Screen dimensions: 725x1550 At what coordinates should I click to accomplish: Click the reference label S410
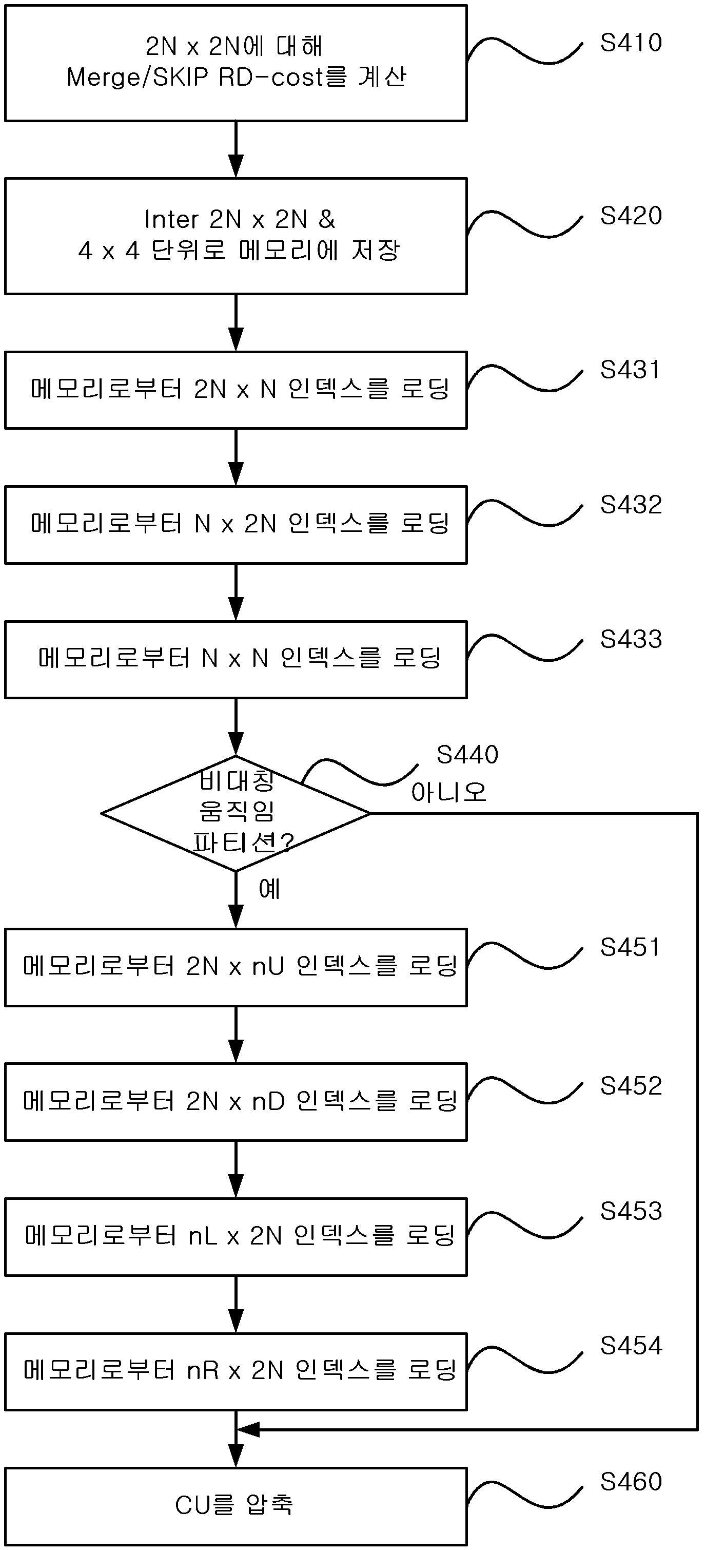(x=631, y=43)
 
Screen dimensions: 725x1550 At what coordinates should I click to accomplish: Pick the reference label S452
(x=631, y=1086)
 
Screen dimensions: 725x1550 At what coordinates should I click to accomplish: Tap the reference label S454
(x=631, y=1346)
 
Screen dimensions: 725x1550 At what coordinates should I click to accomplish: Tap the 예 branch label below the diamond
(x=269, y=889)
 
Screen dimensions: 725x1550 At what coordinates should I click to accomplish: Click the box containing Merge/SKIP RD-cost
(x=236, y=63)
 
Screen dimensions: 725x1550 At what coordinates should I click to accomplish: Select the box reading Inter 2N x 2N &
(x=236, y=236)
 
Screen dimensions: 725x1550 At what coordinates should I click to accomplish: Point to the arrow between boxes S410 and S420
(x=236, y=150)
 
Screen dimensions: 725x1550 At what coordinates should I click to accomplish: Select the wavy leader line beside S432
(x=525, y=515)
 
